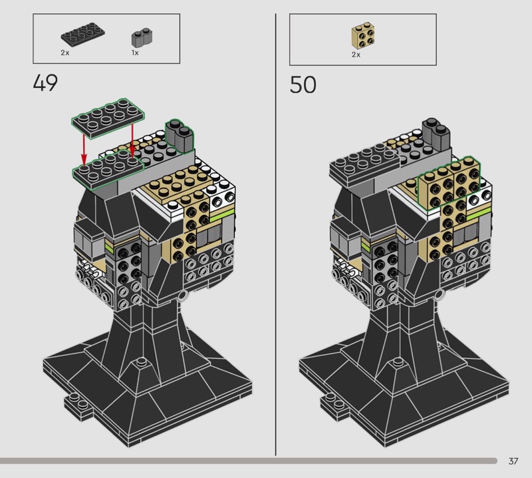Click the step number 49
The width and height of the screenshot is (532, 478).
click(x=45, y=83)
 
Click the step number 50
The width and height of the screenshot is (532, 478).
click(x=303, y=85)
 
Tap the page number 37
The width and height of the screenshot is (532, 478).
click(x=513, y=461)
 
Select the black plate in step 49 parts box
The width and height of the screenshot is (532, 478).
click(x=82, y=35)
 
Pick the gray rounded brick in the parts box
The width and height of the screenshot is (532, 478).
click(x=142, y=39)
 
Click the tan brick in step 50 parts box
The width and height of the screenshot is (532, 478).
click(x=363, y=35)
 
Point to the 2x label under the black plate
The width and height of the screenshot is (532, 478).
click(x=65, y=53)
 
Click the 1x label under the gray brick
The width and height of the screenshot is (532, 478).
click(x=135, y=53)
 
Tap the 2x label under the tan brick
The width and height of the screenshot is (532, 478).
click(x=356, y=55)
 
